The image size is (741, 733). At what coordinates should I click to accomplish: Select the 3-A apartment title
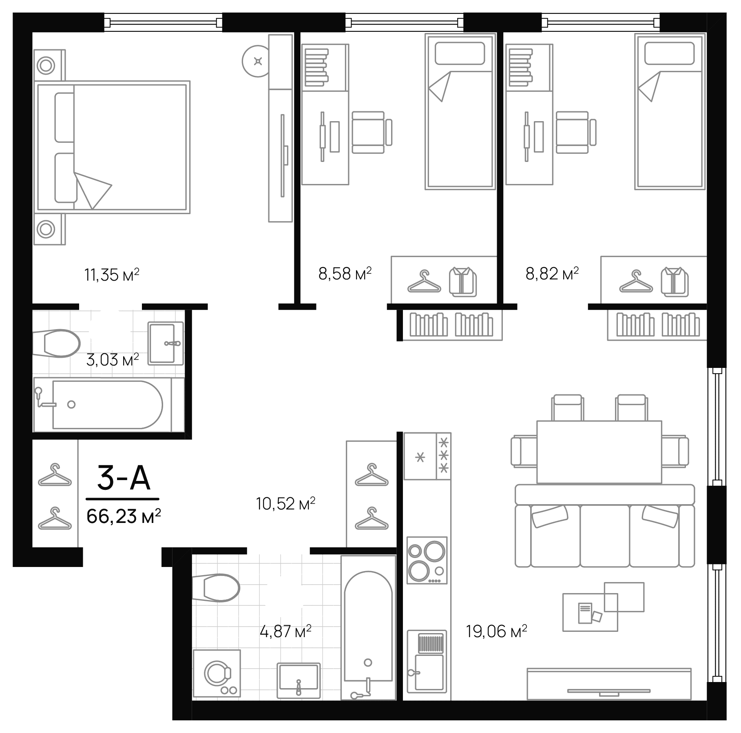pyautogui.click(x=124, y=478)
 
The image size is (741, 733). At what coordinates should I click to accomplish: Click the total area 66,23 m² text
pyautogui.click(x=124, y=516)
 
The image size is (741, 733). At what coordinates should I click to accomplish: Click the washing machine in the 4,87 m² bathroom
pyautogui.click(x=217, y=673)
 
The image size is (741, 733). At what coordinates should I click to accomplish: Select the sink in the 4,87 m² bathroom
pyautogui.click(x=299, y=680)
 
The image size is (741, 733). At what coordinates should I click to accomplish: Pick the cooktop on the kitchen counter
pyautogui.click(x=427, y=560)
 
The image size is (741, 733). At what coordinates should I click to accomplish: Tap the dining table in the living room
pyautogui.click(x=599, y=452)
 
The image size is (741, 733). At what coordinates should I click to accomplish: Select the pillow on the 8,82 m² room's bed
pyautogui.click(x=669, y=53)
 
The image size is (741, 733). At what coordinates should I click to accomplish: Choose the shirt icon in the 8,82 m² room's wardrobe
pyautogui.click(x=675, y=281)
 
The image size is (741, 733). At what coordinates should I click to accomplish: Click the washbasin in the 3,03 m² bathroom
pyautogui.click(x=165, y=343)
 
